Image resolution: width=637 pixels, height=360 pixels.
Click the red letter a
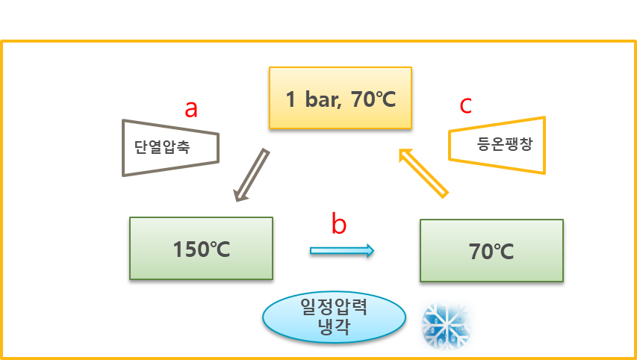click(x=191, y=110)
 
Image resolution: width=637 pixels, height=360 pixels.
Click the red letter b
click(x=339, y=224)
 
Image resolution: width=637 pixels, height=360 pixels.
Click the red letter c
click(x=465, y=106)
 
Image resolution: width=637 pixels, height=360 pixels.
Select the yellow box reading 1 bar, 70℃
click(x=340, y=98)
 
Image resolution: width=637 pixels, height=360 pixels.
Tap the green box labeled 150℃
click(x=201, y=248)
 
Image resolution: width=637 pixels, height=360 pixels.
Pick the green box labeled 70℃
click(x=491, y=250)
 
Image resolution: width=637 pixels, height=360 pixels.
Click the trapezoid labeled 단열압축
click(x=170, y=147)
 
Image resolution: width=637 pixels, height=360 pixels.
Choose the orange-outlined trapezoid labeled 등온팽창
click(x=497, y=145)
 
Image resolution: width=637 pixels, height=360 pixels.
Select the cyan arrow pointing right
click(x=342, y=250)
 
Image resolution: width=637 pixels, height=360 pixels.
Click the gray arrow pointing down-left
click(x=252, y=175)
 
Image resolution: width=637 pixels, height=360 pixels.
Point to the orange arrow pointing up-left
click(x=424, y=173)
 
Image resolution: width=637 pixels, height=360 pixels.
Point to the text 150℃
click(x=201, y=249)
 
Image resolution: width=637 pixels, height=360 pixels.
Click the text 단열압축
click(x=162, y=147)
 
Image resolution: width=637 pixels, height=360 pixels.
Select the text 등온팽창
click(x=505, y=144)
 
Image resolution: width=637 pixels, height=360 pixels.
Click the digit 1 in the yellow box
click(x=291, y=99)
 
